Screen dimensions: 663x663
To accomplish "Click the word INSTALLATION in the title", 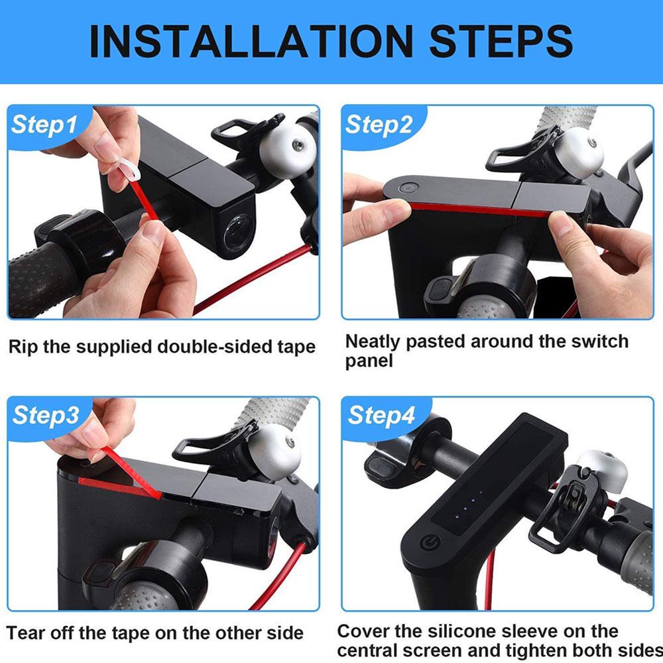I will pyautogui.click(x=251, y=41).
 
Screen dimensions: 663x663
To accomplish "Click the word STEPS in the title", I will pyautogui.click(x=501, y=41).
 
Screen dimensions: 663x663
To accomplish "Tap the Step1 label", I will pyautogui.click(x=44, y=124).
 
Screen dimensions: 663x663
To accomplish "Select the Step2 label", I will pyautogui.click(x=379, y=124).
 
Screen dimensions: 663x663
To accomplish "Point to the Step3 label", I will pyautogui.click(x=45, y=415).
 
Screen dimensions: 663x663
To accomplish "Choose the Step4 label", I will pyautogui.click(x=381, y=415).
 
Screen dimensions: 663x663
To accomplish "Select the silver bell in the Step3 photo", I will pyautogui.click(x=274, y=451).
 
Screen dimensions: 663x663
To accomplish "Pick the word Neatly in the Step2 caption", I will pyautogui.click(x=373, y=342).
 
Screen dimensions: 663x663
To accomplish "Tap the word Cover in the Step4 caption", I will pyautogui.click(x=362, y=631).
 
